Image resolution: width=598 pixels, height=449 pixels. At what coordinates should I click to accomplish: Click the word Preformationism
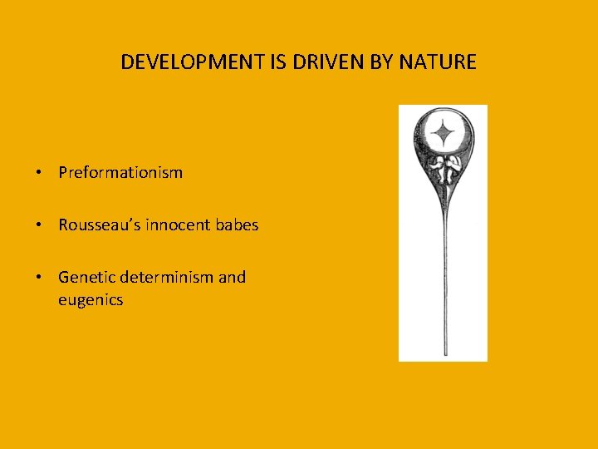coord(120,173)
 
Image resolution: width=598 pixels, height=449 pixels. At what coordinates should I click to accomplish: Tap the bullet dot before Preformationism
coord(39,174)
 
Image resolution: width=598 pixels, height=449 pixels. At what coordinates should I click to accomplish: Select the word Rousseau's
coord(96,224)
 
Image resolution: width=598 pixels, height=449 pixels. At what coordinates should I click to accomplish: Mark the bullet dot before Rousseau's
coord(39,225)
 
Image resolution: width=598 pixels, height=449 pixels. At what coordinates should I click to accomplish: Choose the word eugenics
coord(91,300)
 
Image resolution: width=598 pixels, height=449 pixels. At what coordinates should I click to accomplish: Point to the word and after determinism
coord(233,277)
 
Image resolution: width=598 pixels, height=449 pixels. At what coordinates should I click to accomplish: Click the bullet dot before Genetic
coord(39,278)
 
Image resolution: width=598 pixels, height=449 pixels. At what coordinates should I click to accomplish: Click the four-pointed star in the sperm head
coord(444,132)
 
